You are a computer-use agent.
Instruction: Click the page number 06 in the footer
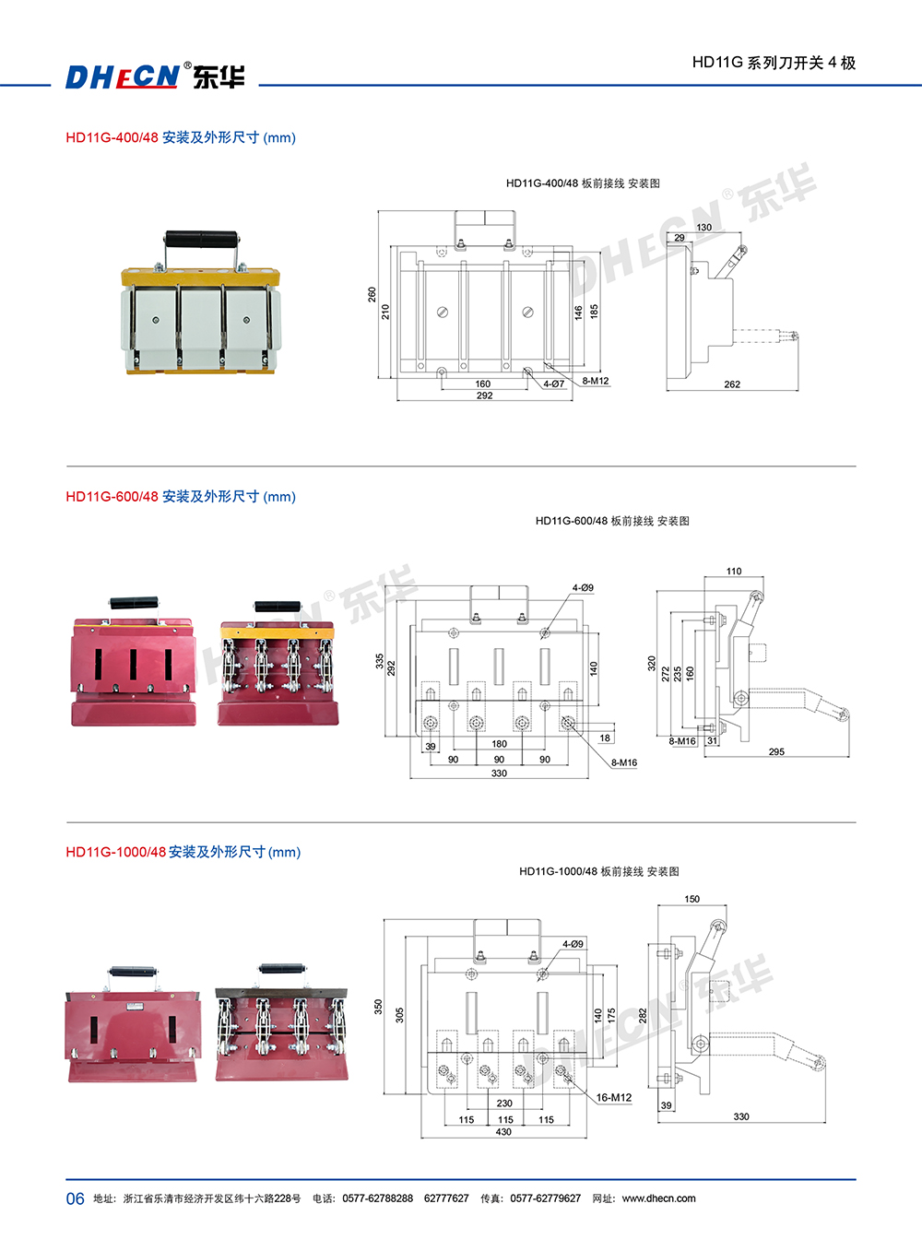coord(75,1198)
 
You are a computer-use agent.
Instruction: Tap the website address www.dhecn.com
coord(658,1198)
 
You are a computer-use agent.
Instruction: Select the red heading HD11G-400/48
coord(112,137)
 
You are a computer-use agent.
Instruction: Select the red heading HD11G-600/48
coord(112,496)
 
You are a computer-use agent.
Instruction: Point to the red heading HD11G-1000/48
coord(115,852)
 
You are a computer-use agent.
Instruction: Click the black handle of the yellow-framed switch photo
coord(201,241)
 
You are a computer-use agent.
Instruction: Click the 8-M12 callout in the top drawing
coord(595,381)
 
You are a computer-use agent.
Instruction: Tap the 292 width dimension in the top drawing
coord(484,395)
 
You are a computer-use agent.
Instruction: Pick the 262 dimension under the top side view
coord(732,384)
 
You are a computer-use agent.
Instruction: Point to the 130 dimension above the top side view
coord(703,227)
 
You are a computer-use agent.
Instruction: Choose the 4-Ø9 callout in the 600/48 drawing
coord(583,587)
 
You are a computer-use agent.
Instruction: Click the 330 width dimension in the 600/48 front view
coord(499,773)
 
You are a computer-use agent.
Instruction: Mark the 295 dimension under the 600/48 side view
coord(776,751)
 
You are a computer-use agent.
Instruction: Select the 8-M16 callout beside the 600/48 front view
coord(624,762)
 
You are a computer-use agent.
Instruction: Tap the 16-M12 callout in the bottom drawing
coord(614,1097)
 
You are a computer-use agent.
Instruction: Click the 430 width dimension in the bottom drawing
coord(503,1132)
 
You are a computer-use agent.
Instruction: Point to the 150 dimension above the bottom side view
coord(691,899)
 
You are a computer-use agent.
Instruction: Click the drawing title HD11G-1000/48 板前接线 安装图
coord(598,871)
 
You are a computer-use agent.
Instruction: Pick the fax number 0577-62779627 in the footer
coord(545,1198)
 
